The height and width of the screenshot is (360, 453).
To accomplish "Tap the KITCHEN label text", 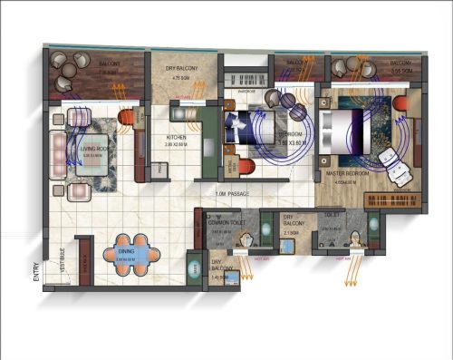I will tap(177, 137).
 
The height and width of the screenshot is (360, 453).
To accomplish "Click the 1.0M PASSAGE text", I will tap(233, 194).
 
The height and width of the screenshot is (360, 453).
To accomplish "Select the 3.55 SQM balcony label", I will tap(400, 70).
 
